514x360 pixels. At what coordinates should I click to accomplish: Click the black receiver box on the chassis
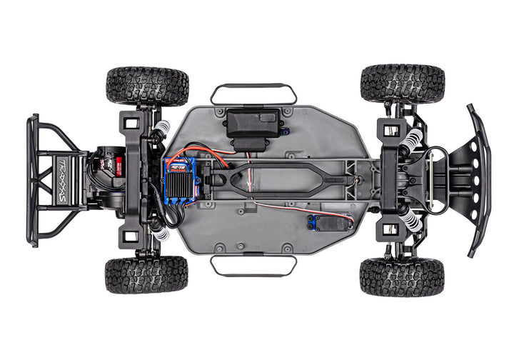coord(251,126)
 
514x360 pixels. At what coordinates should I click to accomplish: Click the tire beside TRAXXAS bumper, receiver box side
coord(147,86)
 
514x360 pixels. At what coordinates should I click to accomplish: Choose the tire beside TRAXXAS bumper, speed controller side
coord(146,275)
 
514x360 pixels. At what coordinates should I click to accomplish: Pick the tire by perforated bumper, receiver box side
coord(402,84)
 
